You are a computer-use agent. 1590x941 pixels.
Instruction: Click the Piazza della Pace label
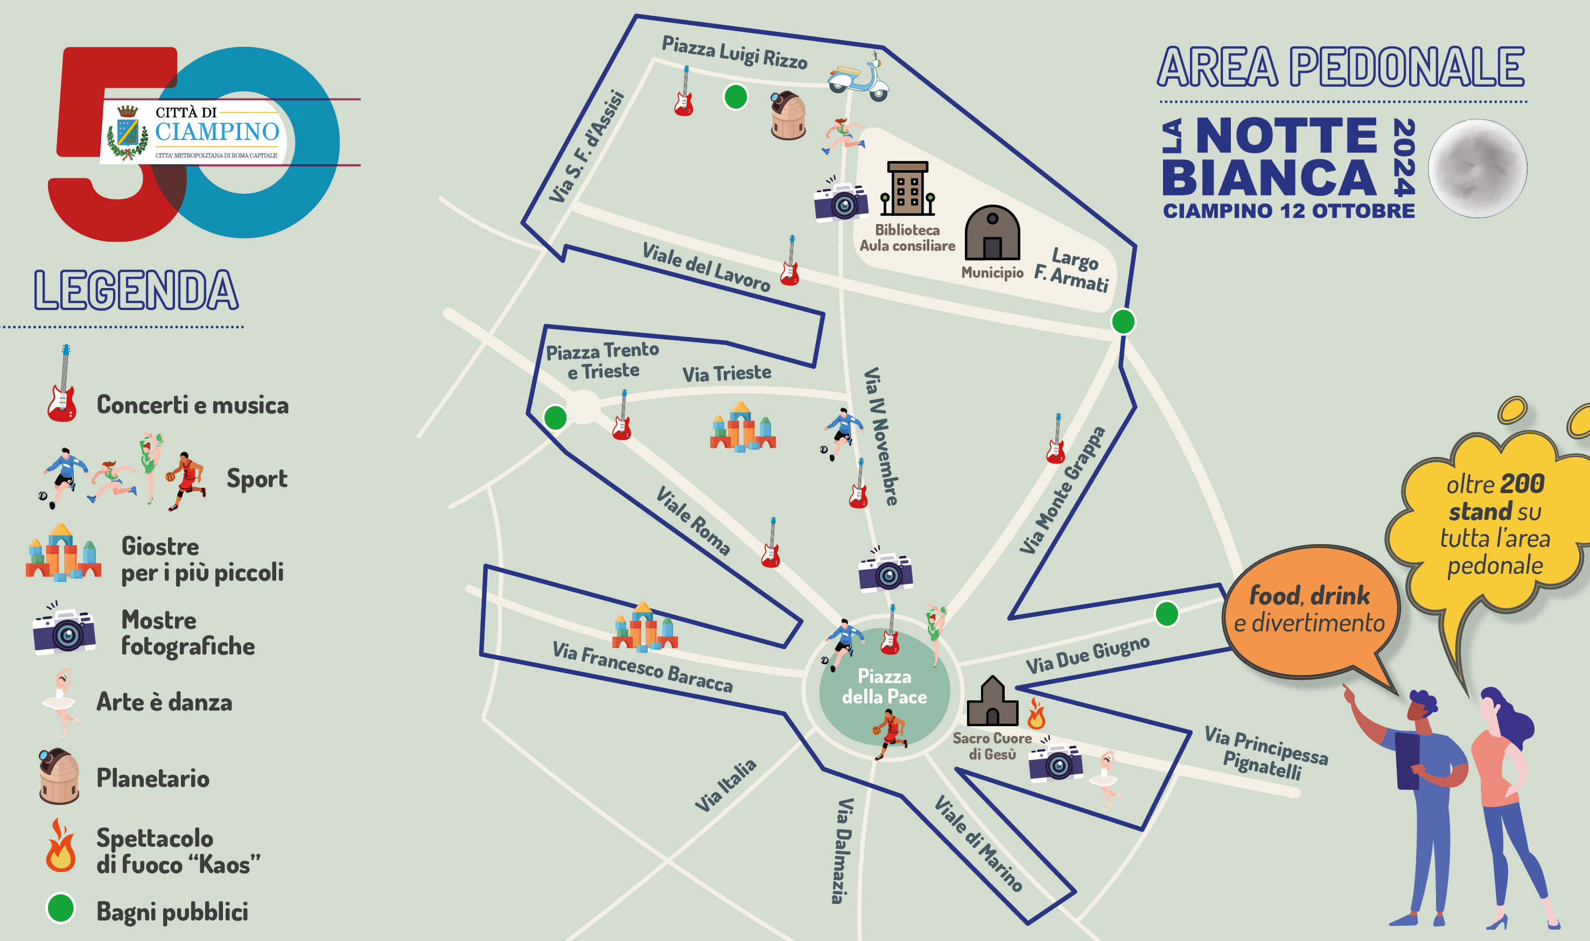click(884, 686)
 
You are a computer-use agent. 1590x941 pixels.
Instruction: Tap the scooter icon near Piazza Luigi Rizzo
click(859, 77)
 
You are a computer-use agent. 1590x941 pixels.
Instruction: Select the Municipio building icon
click(992, 233)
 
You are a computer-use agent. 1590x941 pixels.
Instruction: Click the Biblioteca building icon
click(907, 188)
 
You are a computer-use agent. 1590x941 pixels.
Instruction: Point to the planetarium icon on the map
click(788, 115)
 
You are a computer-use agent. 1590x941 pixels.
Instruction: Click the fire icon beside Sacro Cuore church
click(1036, 713)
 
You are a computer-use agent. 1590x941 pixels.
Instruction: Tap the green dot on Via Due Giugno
click(1166, 614)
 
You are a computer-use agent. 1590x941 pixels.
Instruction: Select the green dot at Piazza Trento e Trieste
click(555, 418)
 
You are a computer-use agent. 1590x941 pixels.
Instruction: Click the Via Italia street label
click(726, 785)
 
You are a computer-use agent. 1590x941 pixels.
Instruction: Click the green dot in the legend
click(61, 908)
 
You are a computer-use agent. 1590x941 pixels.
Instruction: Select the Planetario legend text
click(153, 778)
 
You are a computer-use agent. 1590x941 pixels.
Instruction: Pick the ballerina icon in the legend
click(61, 702)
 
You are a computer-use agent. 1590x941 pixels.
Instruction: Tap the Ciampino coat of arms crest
click(129, 132)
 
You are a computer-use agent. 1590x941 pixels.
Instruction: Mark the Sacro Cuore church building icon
click(992, 701)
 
